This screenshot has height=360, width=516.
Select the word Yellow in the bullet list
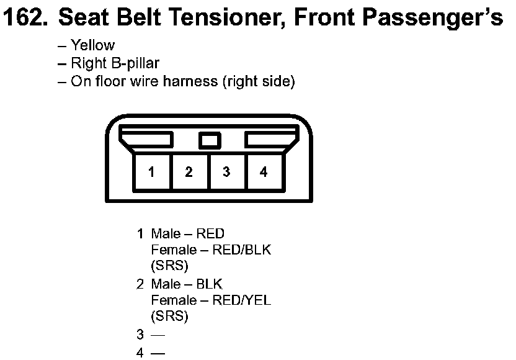(93, 45)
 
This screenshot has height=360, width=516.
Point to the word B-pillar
(135, 63)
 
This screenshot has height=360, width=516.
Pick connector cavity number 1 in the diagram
(152, 172)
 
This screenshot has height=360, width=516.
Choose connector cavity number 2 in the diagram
(189, 172)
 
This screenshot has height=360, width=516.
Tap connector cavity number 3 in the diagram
(227, 172)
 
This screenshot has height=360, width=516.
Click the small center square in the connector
(210, 141)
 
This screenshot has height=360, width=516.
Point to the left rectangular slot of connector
(146, 139)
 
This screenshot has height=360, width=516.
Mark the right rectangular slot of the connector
(272, 139)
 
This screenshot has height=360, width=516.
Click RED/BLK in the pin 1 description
(241, 250)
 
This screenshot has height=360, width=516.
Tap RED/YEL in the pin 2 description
(241, 300)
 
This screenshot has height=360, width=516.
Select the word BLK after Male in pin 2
(209, 284)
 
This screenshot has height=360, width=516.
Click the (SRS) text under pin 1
(169, 266)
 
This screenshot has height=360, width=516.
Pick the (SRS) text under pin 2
(169, 316)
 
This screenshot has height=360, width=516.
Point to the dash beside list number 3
(158, 335)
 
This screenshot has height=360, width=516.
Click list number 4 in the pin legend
(140, 353)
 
